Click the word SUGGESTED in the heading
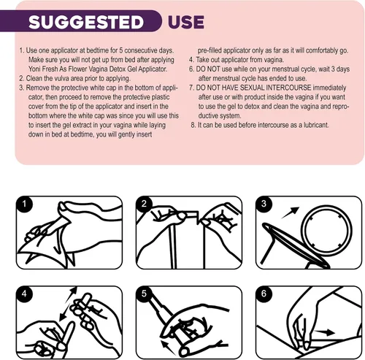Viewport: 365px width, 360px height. click(86, 22)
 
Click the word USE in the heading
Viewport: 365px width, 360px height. click(186, 22)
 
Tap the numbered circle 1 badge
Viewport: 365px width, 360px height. click(24, 204)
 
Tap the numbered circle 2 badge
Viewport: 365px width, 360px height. click(144, 204)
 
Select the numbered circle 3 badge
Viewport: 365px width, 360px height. click(264, 204)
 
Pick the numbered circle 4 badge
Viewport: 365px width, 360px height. click(24, 294)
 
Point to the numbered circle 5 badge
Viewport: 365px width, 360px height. click(144, 294)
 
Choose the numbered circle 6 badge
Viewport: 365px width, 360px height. click(264, 294)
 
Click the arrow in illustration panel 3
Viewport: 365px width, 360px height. click(291, 212)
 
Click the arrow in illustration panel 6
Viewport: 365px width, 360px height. click(324, 332)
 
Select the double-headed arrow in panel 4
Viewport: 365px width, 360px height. click(69, 304)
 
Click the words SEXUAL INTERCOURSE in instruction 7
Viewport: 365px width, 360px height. click(275, 88)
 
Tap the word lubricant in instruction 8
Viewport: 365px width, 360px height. click(316, 125)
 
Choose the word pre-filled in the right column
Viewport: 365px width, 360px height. click(210, 50)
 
